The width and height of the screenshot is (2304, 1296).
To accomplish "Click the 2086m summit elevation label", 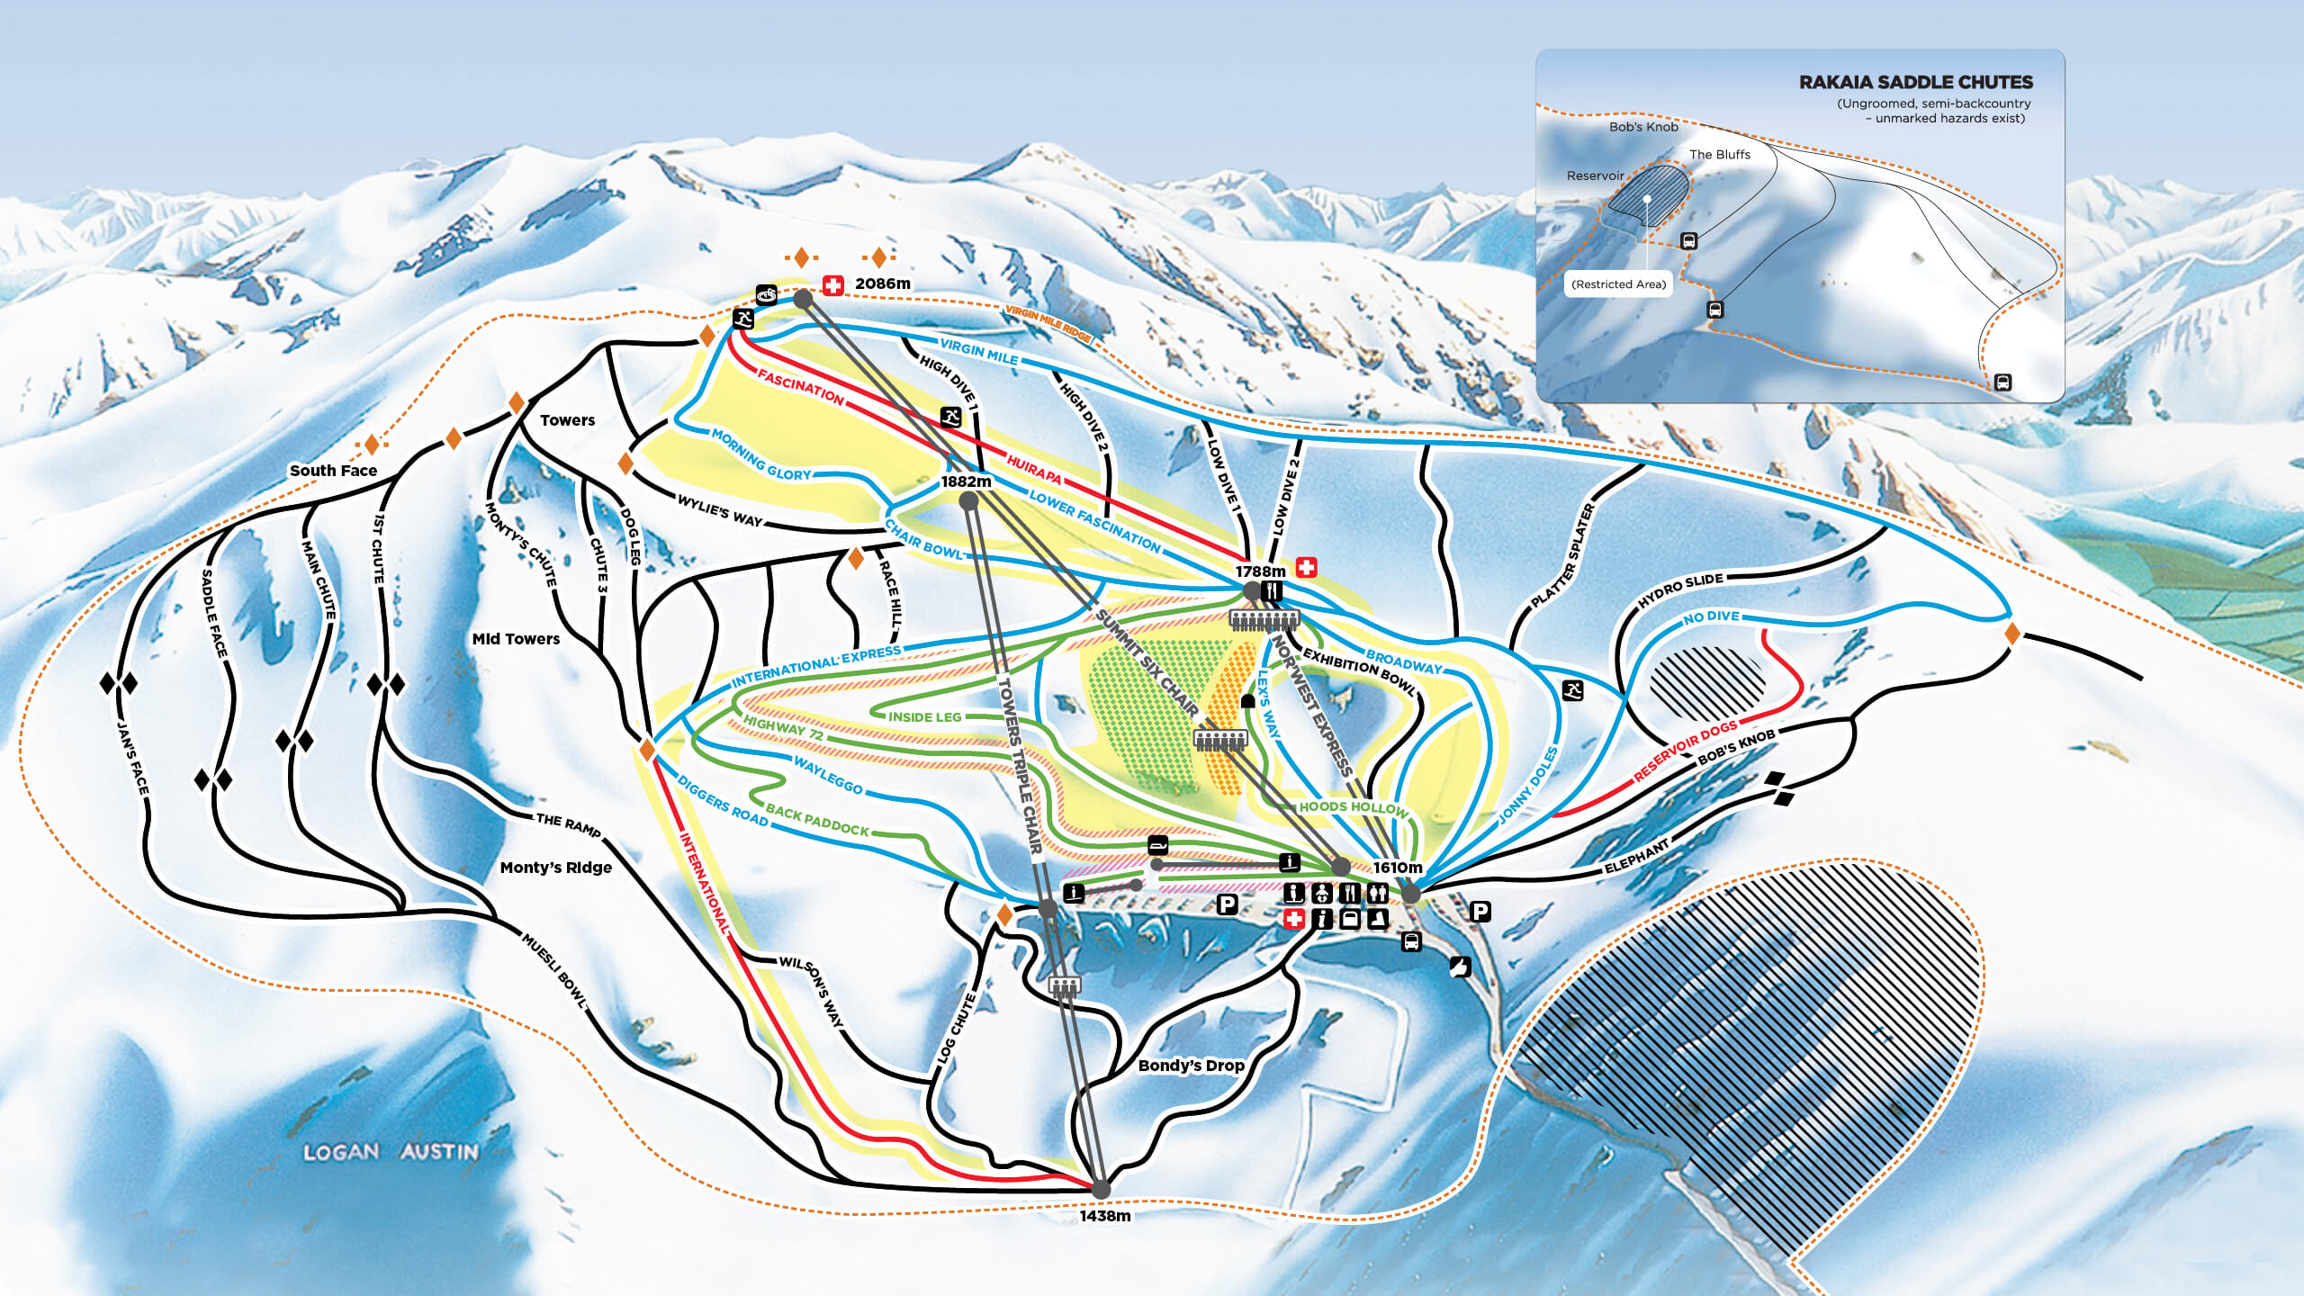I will click(882, 283).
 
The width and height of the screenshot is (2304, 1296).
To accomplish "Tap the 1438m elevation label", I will click(1105, 1216).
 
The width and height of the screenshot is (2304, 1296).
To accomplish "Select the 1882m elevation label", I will click(966, 481).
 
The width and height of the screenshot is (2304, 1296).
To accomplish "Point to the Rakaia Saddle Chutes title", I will click(1915, 82).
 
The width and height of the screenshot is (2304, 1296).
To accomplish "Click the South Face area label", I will click(333, 470).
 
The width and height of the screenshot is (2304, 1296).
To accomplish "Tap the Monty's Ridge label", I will click(555, 868).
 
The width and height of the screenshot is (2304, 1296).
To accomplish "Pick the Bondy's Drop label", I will click(1191, 1066).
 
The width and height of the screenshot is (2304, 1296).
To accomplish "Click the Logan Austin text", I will click(391, 1152).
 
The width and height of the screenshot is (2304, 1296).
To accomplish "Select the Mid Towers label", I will click(516, 639).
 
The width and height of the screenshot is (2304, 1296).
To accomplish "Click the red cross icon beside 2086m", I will click(833, 285).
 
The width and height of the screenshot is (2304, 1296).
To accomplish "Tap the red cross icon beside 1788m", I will click(1306, 567).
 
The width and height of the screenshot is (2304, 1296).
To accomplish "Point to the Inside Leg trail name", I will click(924, 717).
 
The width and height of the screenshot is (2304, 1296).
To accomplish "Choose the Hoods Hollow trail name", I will click(1353, 807).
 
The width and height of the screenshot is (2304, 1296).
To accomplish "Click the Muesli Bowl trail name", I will click(554, 971).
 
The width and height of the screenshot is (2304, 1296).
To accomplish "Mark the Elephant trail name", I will click(1636, 857).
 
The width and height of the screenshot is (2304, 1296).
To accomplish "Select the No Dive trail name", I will click(1711, 617).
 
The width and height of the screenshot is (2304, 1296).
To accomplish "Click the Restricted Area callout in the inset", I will click(1618, 284).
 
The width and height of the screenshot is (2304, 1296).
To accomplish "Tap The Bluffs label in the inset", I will click(1719, 155).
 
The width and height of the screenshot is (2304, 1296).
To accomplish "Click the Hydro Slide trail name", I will click(1679, 590).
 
